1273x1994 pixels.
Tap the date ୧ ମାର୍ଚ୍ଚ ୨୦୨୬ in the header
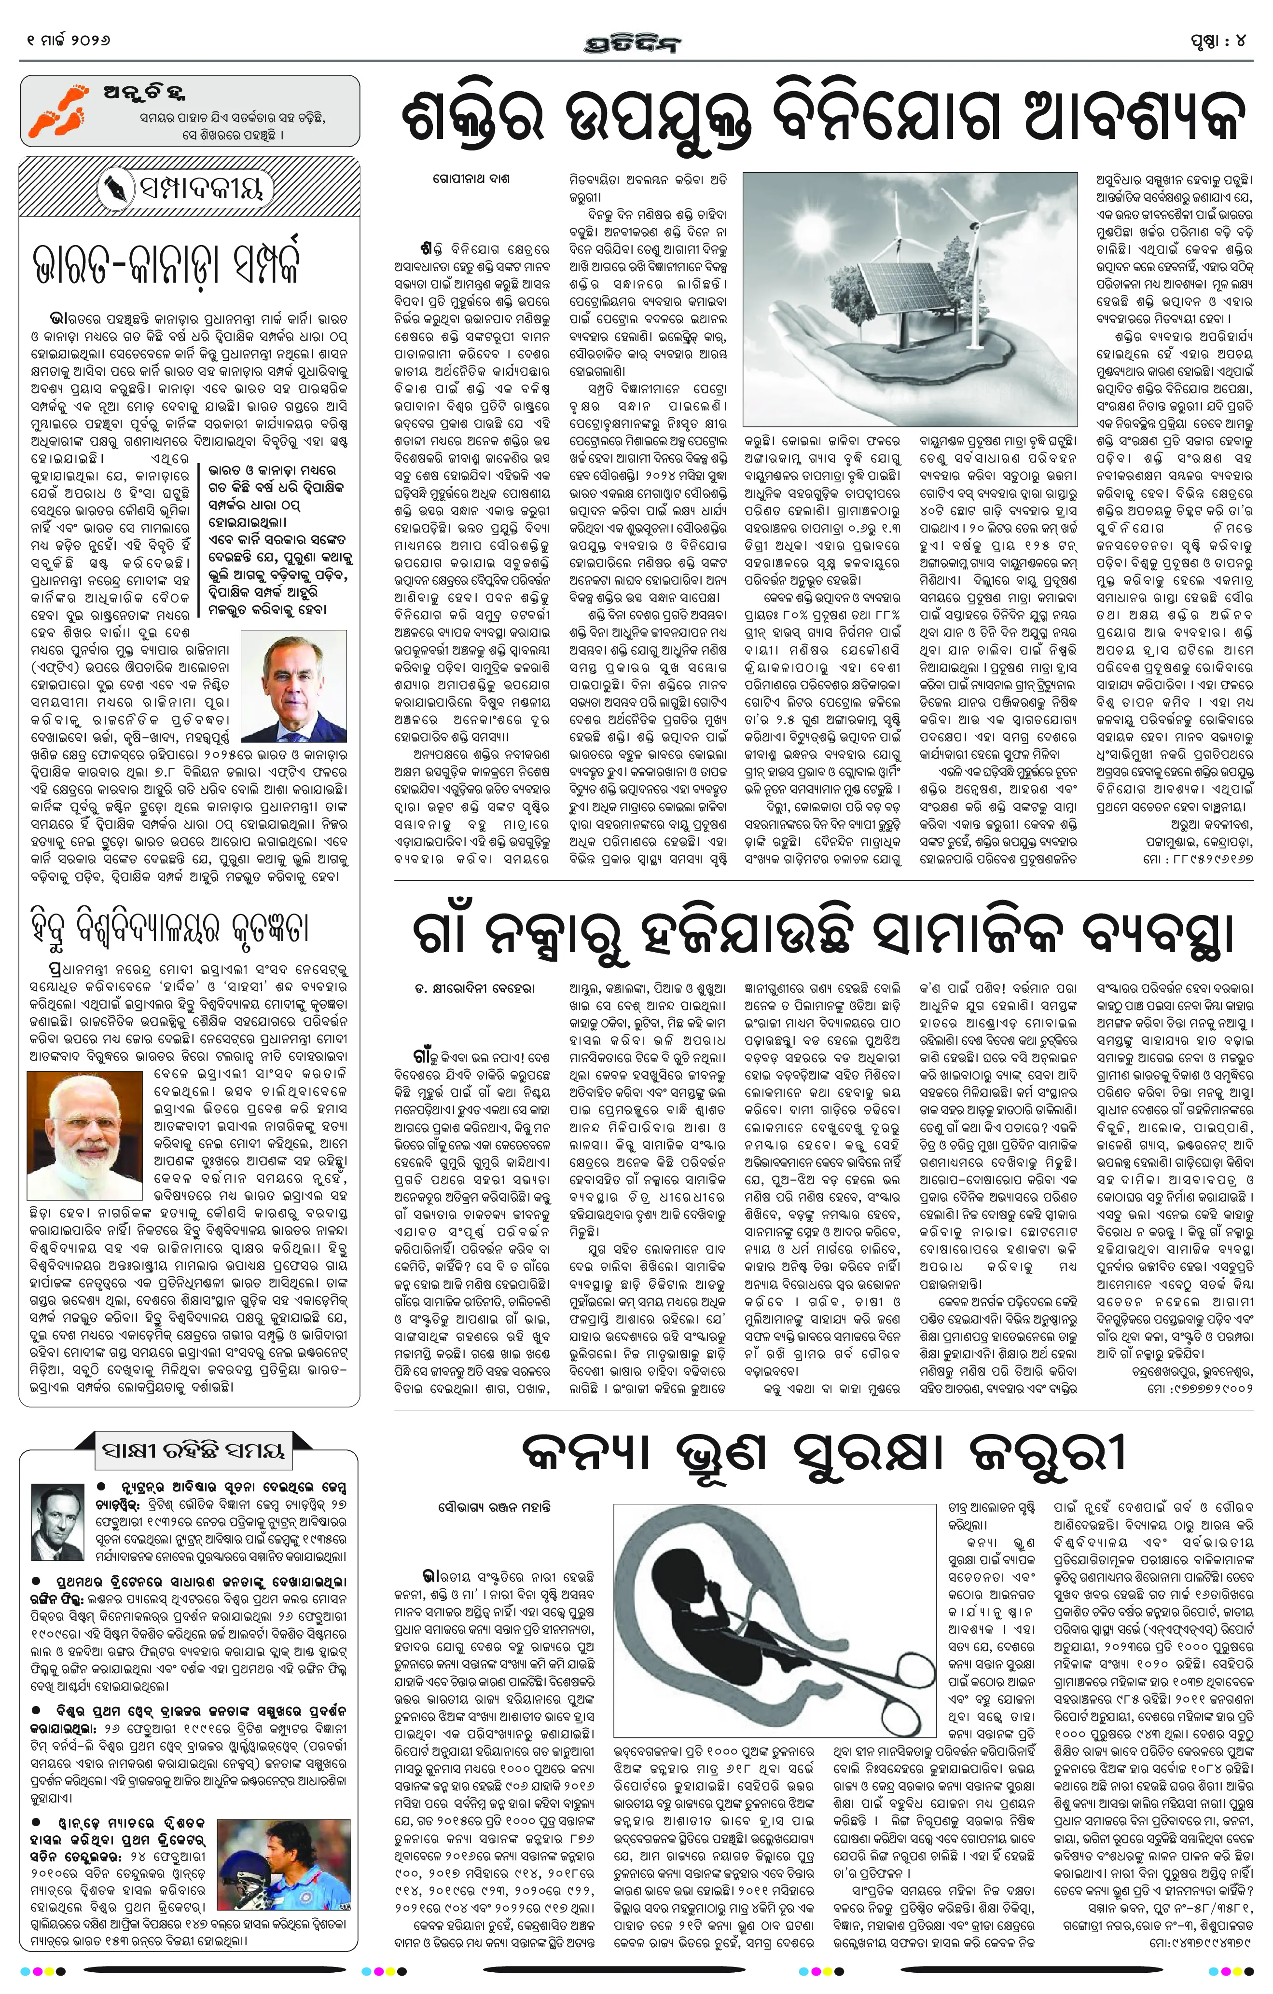[x=69, y=40]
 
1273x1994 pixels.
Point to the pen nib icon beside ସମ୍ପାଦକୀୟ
[x=111, y=190]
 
